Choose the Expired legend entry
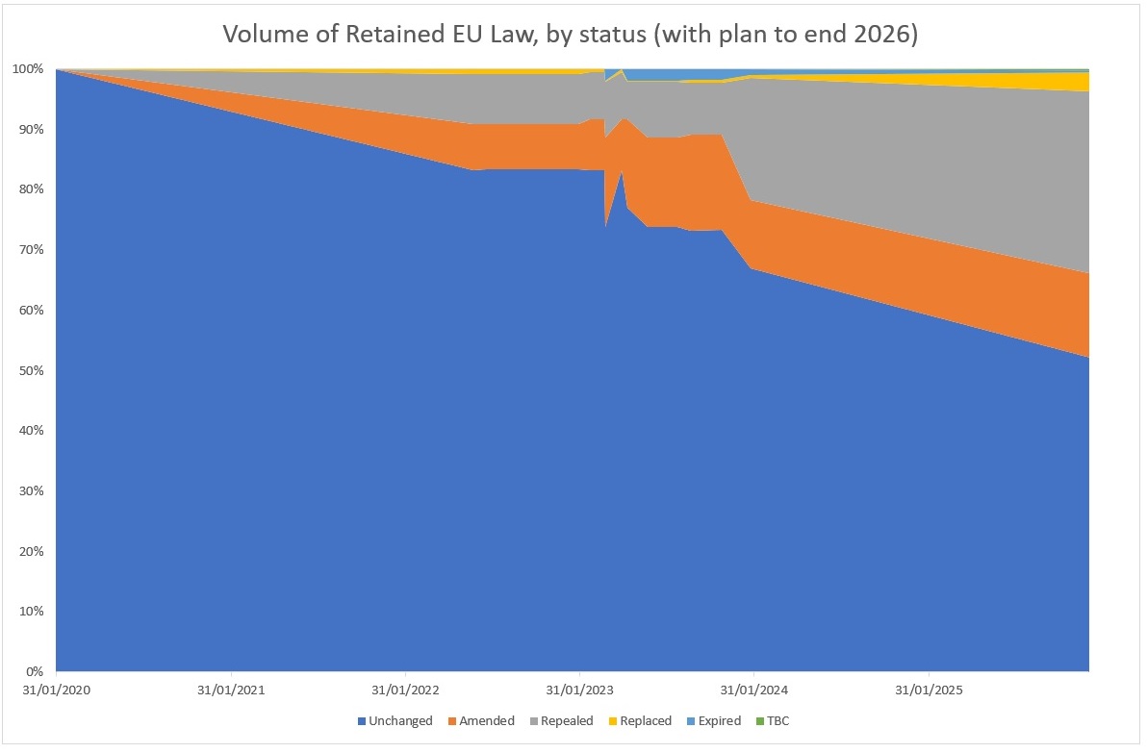pyautogui.click(x=713, y=720)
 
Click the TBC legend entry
pyautogui.click(x=775, y=720)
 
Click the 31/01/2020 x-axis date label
pyautogui.click(x=57, y=690)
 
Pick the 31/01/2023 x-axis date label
pyautogui.click(x=579, y=690)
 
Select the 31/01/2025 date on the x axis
pyautogui.click(x=928, y=690)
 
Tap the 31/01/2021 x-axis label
pyautogui.click(x=231, y=690)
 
